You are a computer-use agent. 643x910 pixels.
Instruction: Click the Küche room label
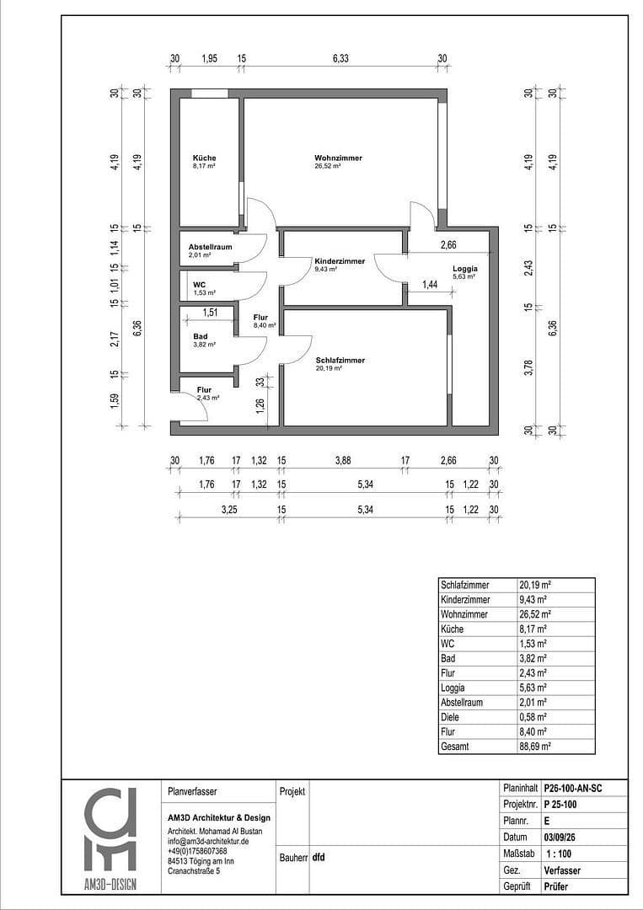[x=204, y=158]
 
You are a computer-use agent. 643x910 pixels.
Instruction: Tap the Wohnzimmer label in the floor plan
[x=327, y=158]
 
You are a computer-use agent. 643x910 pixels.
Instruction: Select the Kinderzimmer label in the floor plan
[x=340, y=261]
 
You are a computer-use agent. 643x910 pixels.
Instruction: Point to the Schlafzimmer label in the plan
[x=340, y=360]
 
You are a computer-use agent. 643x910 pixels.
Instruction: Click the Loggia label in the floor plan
[x=464, y=269]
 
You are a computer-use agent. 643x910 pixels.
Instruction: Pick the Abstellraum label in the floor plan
[x=210, y=247]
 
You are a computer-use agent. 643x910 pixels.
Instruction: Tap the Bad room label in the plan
[x=200, y=336]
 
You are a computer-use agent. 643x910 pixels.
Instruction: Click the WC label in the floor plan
[x=199, y=285]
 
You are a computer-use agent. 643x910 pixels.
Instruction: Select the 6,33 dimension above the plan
[x=340, y=58]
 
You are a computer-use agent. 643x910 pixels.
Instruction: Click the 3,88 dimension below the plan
[x=342, y=460]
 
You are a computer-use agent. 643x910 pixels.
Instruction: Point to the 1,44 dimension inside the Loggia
[x=430, y=286]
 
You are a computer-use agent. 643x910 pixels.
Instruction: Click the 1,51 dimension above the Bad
[x=210, y=313]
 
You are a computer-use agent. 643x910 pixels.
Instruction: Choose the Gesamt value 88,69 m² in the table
[x=534, y=747]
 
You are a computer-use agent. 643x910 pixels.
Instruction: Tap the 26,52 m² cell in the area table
[x=534, y=615]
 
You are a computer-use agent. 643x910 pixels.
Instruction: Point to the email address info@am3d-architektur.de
[x=208, y=841]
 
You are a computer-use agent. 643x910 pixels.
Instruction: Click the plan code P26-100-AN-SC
[x=573, y=789]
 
